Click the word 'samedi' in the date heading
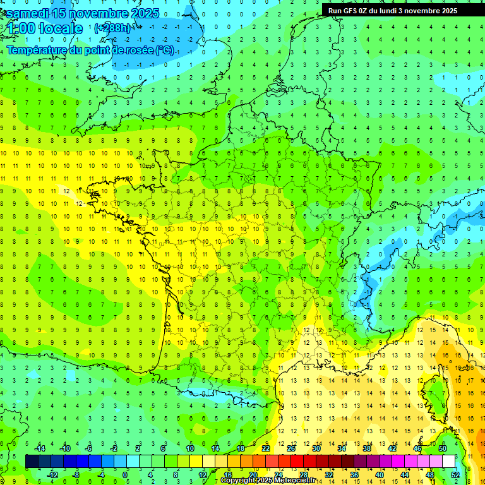click(x=27, y=13)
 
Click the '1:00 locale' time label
click(x=44, y=28)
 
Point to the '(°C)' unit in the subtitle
click(x=165, y=50)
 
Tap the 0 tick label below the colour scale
click(x=125, y=474)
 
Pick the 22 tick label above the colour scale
click(x=266, y=448)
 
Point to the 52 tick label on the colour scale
click(x=456, y=474)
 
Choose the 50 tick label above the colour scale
click(x=443, y=448)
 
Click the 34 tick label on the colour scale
click(x=342, y=448)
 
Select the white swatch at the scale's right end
click(x=448, y=462)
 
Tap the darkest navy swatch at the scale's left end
click(x=32, y=462)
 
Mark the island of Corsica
click(x=436, y=398)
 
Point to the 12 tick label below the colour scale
click(x=202, y=474)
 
